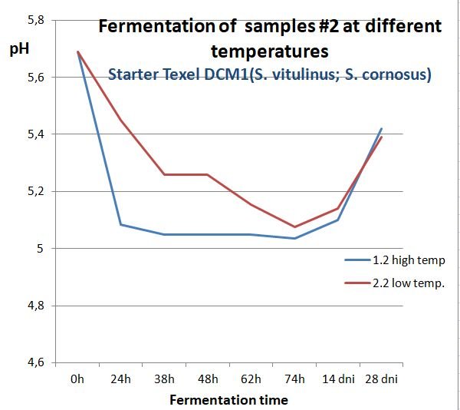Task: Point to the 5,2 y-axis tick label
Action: (37, 192)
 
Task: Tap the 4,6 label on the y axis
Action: (37, 362)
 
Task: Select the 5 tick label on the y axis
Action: (41, 249)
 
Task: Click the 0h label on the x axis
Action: (77, 379)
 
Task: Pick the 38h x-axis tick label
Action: (163, 379)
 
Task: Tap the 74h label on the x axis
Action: (294, 379)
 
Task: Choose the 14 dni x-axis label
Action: (337, 379)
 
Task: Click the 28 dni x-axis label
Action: (381, 379)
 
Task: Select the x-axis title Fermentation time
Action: (228, 399)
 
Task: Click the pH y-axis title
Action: (19, 51)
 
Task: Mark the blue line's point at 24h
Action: (120, 225)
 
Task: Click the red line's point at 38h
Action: (163, 174)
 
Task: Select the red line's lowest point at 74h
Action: (294, 226)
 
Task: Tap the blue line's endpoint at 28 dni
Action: (381, 129)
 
